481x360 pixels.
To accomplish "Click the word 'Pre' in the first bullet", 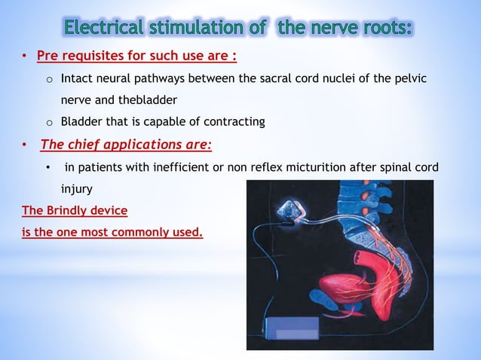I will (x=48, y=57).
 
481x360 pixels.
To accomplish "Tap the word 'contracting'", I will (x=234, y=121).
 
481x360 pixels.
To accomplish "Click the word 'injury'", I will (x=77, y=188).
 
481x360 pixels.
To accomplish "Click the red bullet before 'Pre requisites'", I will (x=24, y=58).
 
